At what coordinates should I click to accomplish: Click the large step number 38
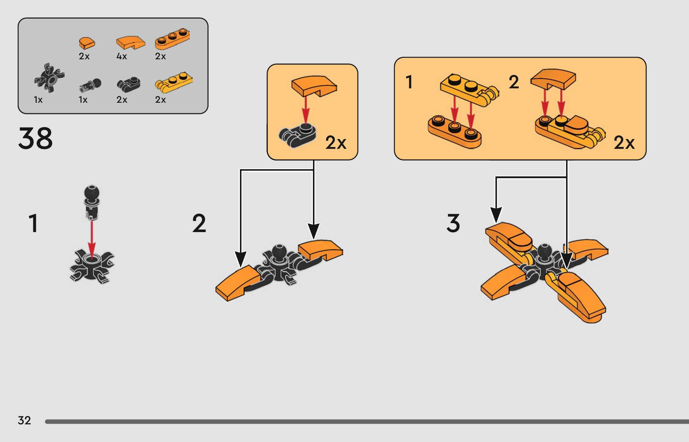click(35, 138)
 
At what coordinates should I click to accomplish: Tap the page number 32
click(24, 420)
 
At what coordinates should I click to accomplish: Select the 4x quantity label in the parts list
click(122, 56)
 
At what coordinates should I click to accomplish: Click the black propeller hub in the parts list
click(50, 78)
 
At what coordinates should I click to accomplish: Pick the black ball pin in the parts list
click(90, 85)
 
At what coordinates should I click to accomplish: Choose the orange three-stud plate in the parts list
click(172, 39)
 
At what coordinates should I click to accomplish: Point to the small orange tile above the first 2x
click(87, 43)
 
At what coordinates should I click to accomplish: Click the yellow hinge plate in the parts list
click(174, 81)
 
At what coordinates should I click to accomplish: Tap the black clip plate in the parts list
click(129, 84)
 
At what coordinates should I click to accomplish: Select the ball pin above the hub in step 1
click(92, 202)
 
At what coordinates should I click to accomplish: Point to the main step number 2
click(199, 223)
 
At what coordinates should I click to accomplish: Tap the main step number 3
click(453, 223)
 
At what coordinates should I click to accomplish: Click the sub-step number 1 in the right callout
click(409, 82)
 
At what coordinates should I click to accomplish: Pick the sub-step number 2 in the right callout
click(514, 82)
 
